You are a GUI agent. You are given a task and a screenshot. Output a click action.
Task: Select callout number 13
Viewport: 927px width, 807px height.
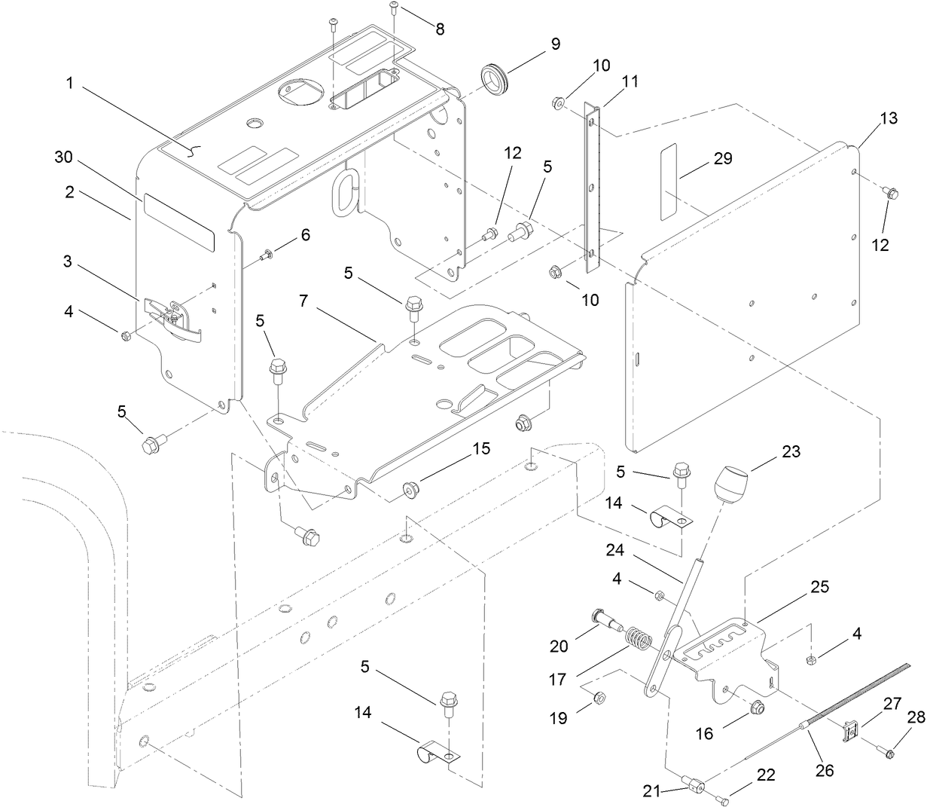point(889,118)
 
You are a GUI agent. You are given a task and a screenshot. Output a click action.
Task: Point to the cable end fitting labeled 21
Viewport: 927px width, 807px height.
point(693,786)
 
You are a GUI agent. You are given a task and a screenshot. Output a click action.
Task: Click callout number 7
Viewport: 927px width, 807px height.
point(303,301)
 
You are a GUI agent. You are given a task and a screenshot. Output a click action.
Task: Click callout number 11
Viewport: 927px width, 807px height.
point(630,81)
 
